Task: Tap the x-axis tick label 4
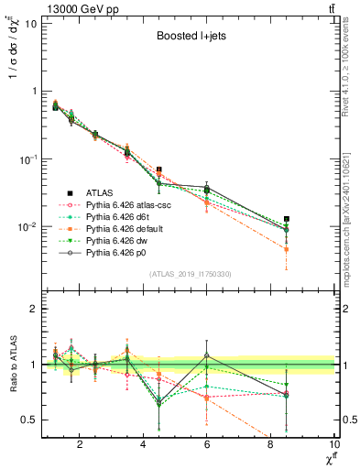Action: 143,446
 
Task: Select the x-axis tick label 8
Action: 271,446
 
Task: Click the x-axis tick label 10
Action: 334,446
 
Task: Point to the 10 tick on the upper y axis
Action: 29,23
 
